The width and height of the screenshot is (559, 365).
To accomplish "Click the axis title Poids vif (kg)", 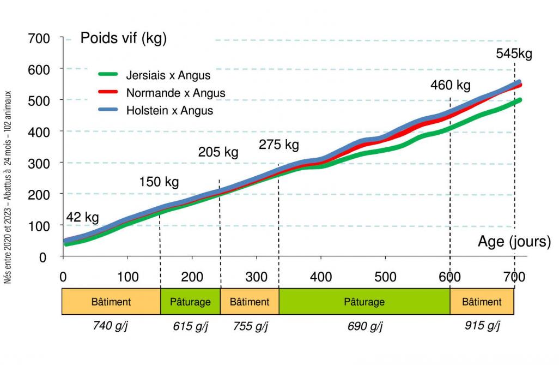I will [x=123, y=38].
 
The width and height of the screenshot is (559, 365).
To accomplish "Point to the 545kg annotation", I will [x=514, y=54].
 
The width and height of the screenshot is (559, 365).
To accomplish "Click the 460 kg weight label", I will [x=450, y=86].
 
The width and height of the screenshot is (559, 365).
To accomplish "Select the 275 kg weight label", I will [x=279, y=145].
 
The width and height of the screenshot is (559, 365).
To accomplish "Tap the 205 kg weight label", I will [x=218, y=152].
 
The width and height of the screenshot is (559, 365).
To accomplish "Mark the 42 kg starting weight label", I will [x=83, y=218].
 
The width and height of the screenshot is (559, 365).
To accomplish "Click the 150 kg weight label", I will [x=159, y=182].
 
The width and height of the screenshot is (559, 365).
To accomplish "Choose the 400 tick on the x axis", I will [x=321, y=277].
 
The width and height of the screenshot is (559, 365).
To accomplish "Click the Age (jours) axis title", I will [x=514, y=241].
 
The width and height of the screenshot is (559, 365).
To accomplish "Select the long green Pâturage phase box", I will [x=364, y=302].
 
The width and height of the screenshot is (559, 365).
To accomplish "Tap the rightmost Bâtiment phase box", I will [x=482, y=302].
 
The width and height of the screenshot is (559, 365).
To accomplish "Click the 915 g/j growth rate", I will [x=482, y=326].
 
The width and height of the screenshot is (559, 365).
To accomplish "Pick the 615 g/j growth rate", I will [x=190, y=327].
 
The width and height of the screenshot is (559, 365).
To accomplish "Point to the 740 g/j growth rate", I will [x=111, y=326].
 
